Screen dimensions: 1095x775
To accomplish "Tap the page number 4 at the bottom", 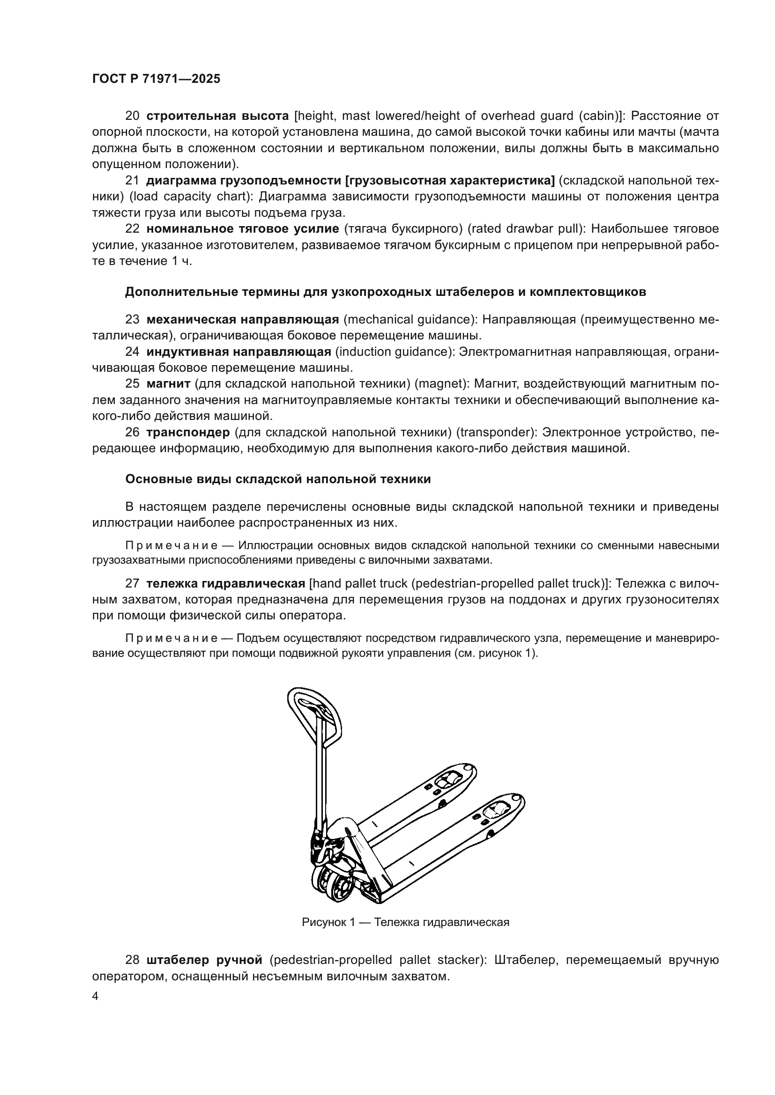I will pyautogui.click(x=96, y=996).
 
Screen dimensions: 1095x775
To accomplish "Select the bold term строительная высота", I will pyautogui.click(x=217, y=116).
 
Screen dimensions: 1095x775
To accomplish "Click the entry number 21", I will pyautogui.click(x=132, y=181).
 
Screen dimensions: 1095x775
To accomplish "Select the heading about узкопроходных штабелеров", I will pyautogui.click(x=385, y=292).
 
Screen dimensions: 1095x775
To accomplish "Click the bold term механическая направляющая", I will pyautogui.click(x=242, y=319).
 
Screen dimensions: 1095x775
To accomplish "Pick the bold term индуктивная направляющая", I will pyautogui.click(x=238, y=352).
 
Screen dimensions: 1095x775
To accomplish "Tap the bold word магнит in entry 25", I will pyautogui.click(x=169, y=384).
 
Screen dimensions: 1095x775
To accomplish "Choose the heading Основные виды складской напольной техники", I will pyautogui.click(x=278, y=479).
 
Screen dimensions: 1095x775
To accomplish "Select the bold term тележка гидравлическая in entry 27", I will pyautogui.click(x=226, y=583).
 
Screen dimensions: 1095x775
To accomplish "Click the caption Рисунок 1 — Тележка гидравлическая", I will pyautogui.click(x=405, y=922).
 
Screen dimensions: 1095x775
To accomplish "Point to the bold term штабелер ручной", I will pyautogui.click(x=205, y=959).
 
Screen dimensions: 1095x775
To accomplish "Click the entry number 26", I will pyautogui.click(x=132, y=433).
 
